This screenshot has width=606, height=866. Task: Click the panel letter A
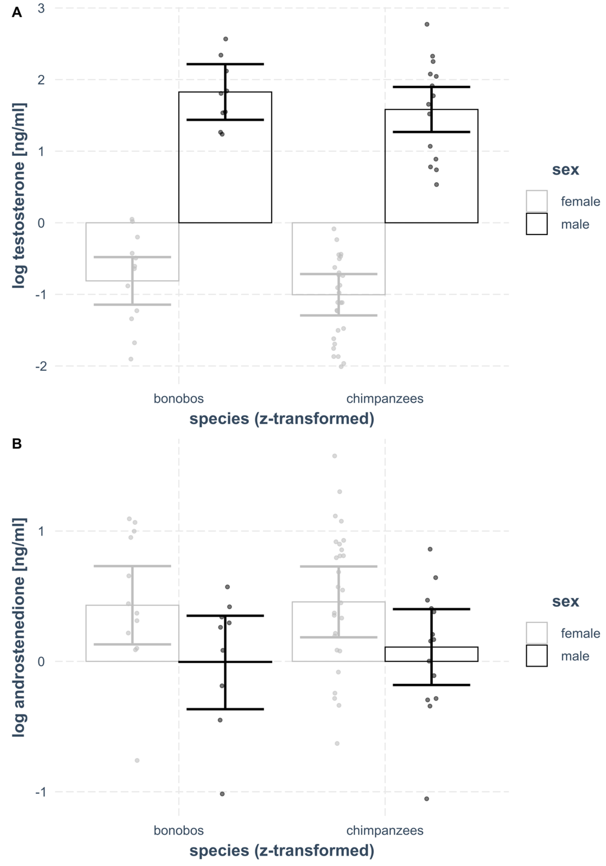coord(17,12)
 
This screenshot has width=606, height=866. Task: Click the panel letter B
coord(17,444)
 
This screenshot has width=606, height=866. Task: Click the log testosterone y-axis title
coord(19,196)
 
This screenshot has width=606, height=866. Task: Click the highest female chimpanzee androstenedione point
coord(334,456)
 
